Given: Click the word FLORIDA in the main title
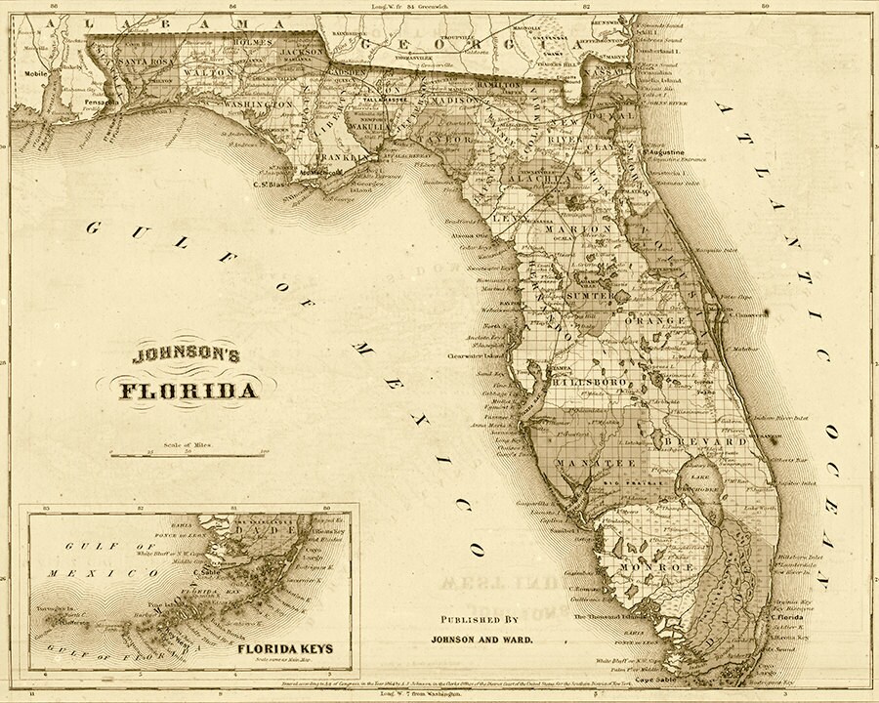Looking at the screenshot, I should (189, 393).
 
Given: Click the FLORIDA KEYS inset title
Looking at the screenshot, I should (290, 647).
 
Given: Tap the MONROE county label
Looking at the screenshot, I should (641, 566).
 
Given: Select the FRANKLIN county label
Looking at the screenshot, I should (342, 156).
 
